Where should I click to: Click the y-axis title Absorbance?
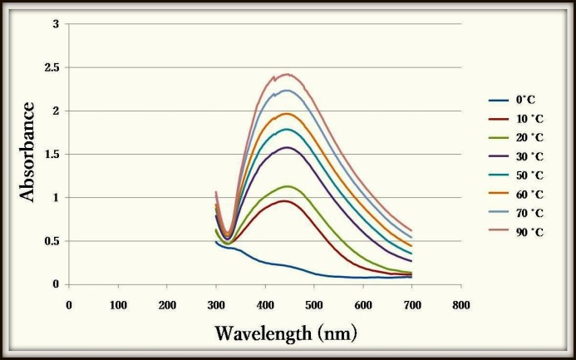(x=27, y=151)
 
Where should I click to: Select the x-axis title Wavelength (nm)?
(x=286, y=333)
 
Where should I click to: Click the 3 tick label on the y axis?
(x=55, y=24)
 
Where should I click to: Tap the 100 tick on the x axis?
(x=117, y=304)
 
